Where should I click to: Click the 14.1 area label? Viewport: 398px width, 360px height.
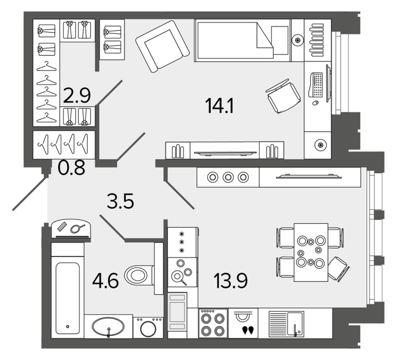[x=220, y=106]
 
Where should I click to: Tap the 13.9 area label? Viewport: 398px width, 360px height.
[x=230, y=281]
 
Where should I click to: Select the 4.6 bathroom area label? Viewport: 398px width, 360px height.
[x=105, y=281]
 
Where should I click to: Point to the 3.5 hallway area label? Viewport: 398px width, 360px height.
[x=120, y=201]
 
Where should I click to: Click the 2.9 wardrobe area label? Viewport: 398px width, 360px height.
[x=77, y=96]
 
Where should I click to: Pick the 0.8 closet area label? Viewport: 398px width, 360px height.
[x=71, y=168]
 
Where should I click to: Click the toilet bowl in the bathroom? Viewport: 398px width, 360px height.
[x=139, y=276]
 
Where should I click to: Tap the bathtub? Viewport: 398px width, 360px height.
[x=68, y=298]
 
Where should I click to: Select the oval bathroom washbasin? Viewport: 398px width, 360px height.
[x=108, y=327]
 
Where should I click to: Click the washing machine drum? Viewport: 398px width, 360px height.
[x=148, y=329]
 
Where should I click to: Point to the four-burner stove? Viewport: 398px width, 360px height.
[x=213, y=323]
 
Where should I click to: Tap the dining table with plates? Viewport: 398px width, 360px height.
[x=311, y=253]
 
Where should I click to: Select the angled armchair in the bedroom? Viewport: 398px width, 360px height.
[x=163, y=47]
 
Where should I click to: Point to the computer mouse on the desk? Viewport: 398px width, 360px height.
[x=315, y=103]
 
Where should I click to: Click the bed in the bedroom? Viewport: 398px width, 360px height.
[x=243, y=40]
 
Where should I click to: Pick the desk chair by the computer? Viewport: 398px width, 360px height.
[x=283, y=96]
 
